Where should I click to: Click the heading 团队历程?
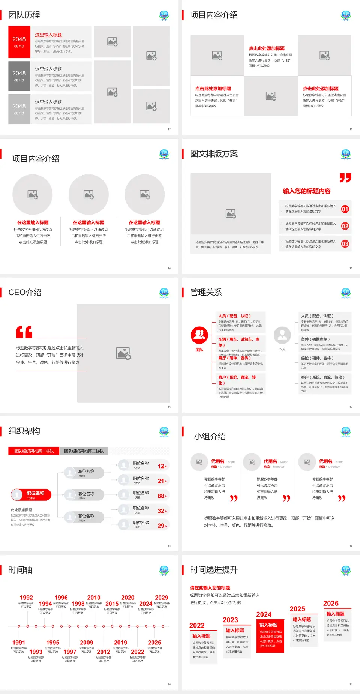[x=24, y=15]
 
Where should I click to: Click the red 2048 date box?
[x=19, y=42]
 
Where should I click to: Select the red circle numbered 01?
[x=345, y=209]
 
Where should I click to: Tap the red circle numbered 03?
[x=345, y=244]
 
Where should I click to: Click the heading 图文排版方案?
[x=214, y=154]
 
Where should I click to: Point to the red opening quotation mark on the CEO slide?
[x=24, y=332]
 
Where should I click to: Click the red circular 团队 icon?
[x=199, y=335]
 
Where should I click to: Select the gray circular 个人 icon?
[x=282, y=335]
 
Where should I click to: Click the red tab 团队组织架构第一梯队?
[x=34, y=451]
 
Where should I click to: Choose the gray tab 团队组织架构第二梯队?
[x=84, y=451]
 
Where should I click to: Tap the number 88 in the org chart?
[x=161, y=496]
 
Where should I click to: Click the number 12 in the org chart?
[x=161, y=466]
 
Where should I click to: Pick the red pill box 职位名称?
[x=31, y=495]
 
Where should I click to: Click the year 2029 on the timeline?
[x=161, y=598]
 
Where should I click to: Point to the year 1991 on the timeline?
[x=19, y=643]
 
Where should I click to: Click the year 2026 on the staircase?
[x=331, y=603]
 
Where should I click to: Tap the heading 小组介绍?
[x=210, y=436]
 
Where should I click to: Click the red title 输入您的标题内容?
[x=307, y=191]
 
